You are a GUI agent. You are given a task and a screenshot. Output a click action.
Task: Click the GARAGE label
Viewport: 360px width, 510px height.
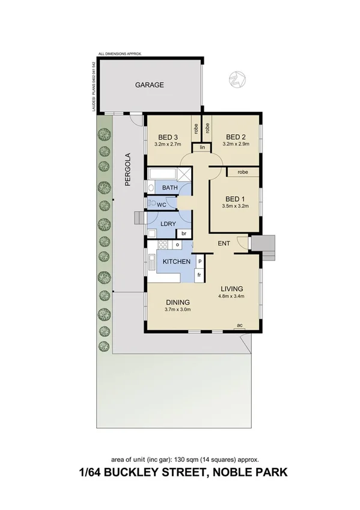(149, 85)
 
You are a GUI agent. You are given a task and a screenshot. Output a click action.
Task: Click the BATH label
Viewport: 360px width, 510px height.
(170, 188)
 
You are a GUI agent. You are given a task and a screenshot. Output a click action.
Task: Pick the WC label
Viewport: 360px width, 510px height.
(162, 204)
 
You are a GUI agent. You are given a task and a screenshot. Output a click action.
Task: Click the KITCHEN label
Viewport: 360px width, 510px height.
(177, 262)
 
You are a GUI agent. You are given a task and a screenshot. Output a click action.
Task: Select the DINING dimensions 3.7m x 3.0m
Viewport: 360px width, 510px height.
(177, 310)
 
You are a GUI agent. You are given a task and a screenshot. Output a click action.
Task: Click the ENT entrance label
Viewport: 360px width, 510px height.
(224, 243)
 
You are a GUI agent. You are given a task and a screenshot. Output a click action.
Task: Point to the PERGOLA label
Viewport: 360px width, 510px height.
(128, 171)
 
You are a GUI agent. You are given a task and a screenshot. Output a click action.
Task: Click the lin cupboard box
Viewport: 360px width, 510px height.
(202, 147)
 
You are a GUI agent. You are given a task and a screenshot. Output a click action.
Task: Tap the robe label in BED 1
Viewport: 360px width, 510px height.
(243, 172)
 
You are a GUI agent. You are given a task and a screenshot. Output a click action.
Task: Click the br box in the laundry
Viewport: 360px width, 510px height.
(184, 233)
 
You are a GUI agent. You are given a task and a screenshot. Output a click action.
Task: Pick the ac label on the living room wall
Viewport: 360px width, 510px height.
(239, 325)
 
